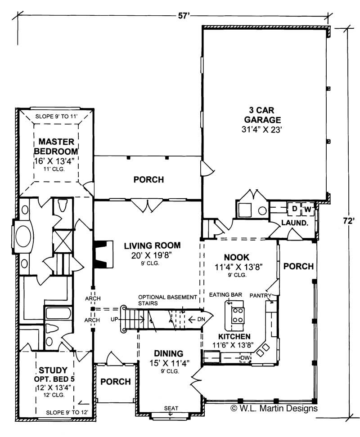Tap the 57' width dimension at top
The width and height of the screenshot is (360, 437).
183,16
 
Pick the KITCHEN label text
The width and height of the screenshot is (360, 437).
234,337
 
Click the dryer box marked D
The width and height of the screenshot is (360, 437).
294,209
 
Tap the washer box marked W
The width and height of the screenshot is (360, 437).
308,209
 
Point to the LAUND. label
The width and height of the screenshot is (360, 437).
295,223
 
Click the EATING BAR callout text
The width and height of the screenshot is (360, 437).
226,294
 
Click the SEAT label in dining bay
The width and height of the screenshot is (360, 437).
171,408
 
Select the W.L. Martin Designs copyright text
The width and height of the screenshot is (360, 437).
274,409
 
